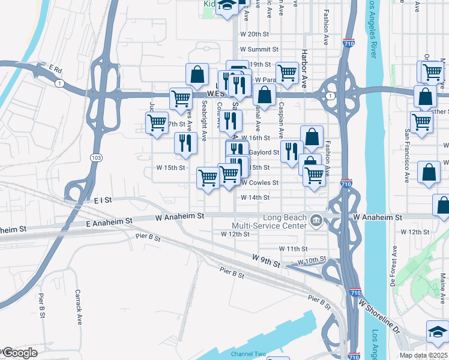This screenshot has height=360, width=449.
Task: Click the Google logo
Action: pos(19,353)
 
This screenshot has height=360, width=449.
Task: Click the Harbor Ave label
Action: pos(305,68)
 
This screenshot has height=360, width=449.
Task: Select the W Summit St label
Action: pos(259,49)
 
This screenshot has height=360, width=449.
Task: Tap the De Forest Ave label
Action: pos(394,263)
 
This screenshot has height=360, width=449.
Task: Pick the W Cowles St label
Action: pos(260,182)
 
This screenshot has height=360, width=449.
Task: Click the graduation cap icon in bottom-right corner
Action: pos(437,331)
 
